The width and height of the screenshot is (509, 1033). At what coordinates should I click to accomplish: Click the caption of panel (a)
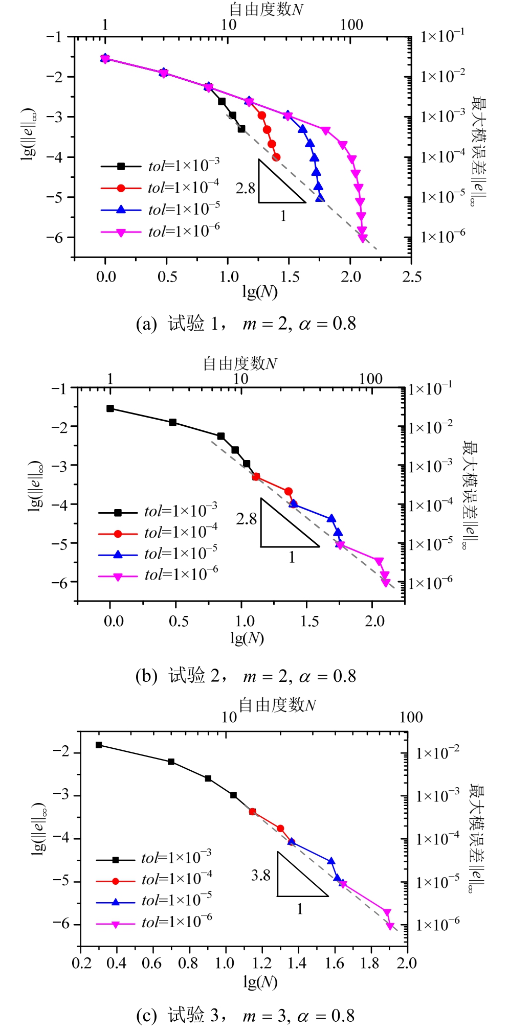click(x=246, y=324)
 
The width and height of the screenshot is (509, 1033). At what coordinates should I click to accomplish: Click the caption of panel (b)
click(x=246, y=676)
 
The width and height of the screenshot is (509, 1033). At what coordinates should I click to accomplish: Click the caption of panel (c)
click(x=246, y=1015)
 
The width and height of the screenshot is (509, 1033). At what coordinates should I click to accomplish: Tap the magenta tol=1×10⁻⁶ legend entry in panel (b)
click(x=158, y=575)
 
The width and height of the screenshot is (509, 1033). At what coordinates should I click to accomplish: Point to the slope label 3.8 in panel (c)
click(x=260, y=876)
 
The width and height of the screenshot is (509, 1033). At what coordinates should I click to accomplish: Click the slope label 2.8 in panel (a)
click(x=245, y=188)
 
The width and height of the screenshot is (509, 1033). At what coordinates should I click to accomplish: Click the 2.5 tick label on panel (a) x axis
click(x=411, y=277)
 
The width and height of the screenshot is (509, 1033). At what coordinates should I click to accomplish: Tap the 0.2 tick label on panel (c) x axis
click(x=81, y=963)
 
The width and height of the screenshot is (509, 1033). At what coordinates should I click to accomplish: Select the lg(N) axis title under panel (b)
click(x=247, y=638)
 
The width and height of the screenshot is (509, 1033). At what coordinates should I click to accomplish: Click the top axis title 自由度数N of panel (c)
click(x=277, y=705)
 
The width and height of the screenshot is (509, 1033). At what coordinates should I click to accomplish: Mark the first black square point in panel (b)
click(x=110, y=408)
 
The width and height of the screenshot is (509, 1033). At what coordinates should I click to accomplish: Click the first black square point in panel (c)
click(x=99, y=745)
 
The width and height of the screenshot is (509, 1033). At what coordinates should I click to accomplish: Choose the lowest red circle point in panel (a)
click(x=276, y=157)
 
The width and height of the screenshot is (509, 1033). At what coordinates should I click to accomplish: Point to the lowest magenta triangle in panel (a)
click(x=363, y=238)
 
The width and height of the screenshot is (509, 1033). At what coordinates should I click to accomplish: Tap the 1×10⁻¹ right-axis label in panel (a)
click(x=442, y=36)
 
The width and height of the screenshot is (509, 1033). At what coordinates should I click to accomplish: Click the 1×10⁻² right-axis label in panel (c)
click(x=437, y=752)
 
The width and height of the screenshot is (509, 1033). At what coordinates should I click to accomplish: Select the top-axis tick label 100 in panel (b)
click(x=370, y=379)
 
